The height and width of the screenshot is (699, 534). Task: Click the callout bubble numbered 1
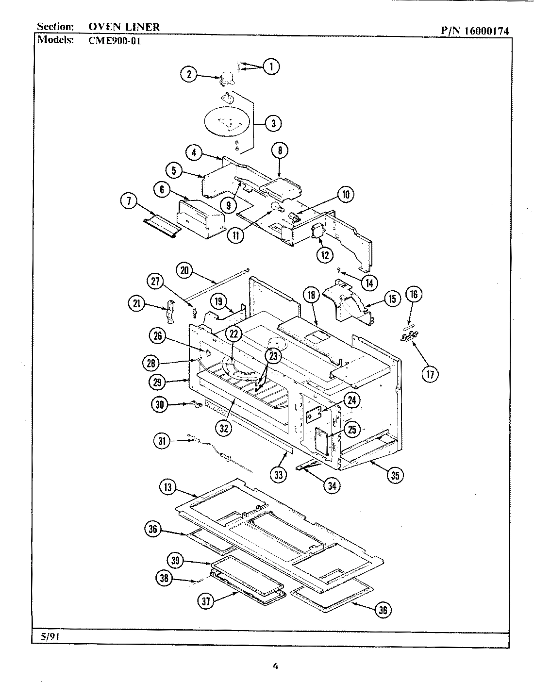[271, 67]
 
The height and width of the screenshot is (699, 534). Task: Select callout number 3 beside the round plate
[273, 123]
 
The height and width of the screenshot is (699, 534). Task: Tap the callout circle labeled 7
[129, 202]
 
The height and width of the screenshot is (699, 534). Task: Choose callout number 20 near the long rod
[184, 270]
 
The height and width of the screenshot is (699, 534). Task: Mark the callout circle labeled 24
[351, 400]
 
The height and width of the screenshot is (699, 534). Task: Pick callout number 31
[162, 441]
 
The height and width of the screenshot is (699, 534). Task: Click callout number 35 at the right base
[395, 475]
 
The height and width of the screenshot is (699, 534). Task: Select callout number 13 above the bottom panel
[167, 487]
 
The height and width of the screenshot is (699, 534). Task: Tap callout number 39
[175, 561]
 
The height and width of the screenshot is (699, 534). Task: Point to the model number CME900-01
[115, 41]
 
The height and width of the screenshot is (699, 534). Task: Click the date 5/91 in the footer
[47, 637]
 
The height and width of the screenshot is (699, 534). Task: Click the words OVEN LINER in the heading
[124, 27]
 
